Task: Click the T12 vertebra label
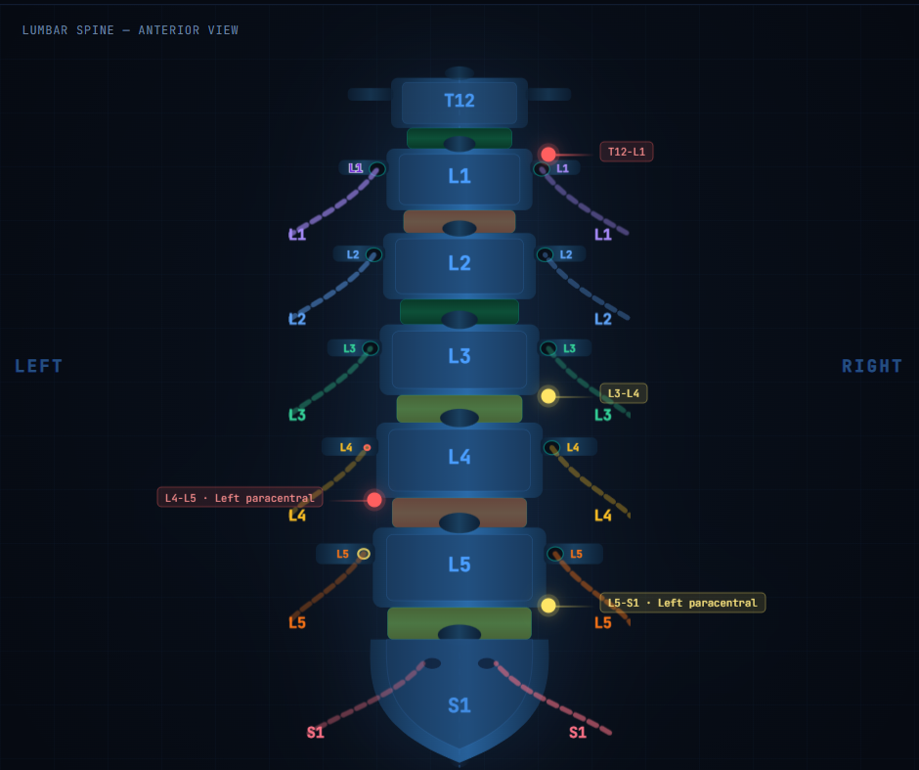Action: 459,101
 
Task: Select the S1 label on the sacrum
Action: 459,704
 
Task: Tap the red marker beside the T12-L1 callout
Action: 548,155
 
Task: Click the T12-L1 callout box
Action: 626,152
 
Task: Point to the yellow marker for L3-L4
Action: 548,396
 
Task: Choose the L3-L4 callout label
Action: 624,393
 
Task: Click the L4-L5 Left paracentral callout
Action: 240,498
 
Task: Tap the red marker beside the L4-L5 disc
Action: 374,500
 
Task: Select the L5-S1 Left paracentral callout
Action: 682,603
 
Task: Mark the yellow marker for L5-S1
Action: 548,606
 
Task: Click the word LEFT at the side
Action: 39,367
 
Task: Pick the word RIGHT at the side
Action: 871,367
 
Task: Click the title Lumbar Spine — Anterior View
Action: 130,30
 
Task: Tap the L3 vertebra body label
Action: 459,356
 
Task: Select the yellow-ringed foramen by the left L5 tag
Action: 364,554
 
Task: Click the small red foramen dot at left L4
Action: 367,447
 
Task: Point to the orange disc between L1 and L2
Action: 459,222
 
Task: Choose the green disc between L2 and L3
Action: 459,311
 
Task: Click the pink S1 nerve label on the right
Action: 578,733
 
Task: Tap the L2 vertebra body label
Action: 459,263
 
